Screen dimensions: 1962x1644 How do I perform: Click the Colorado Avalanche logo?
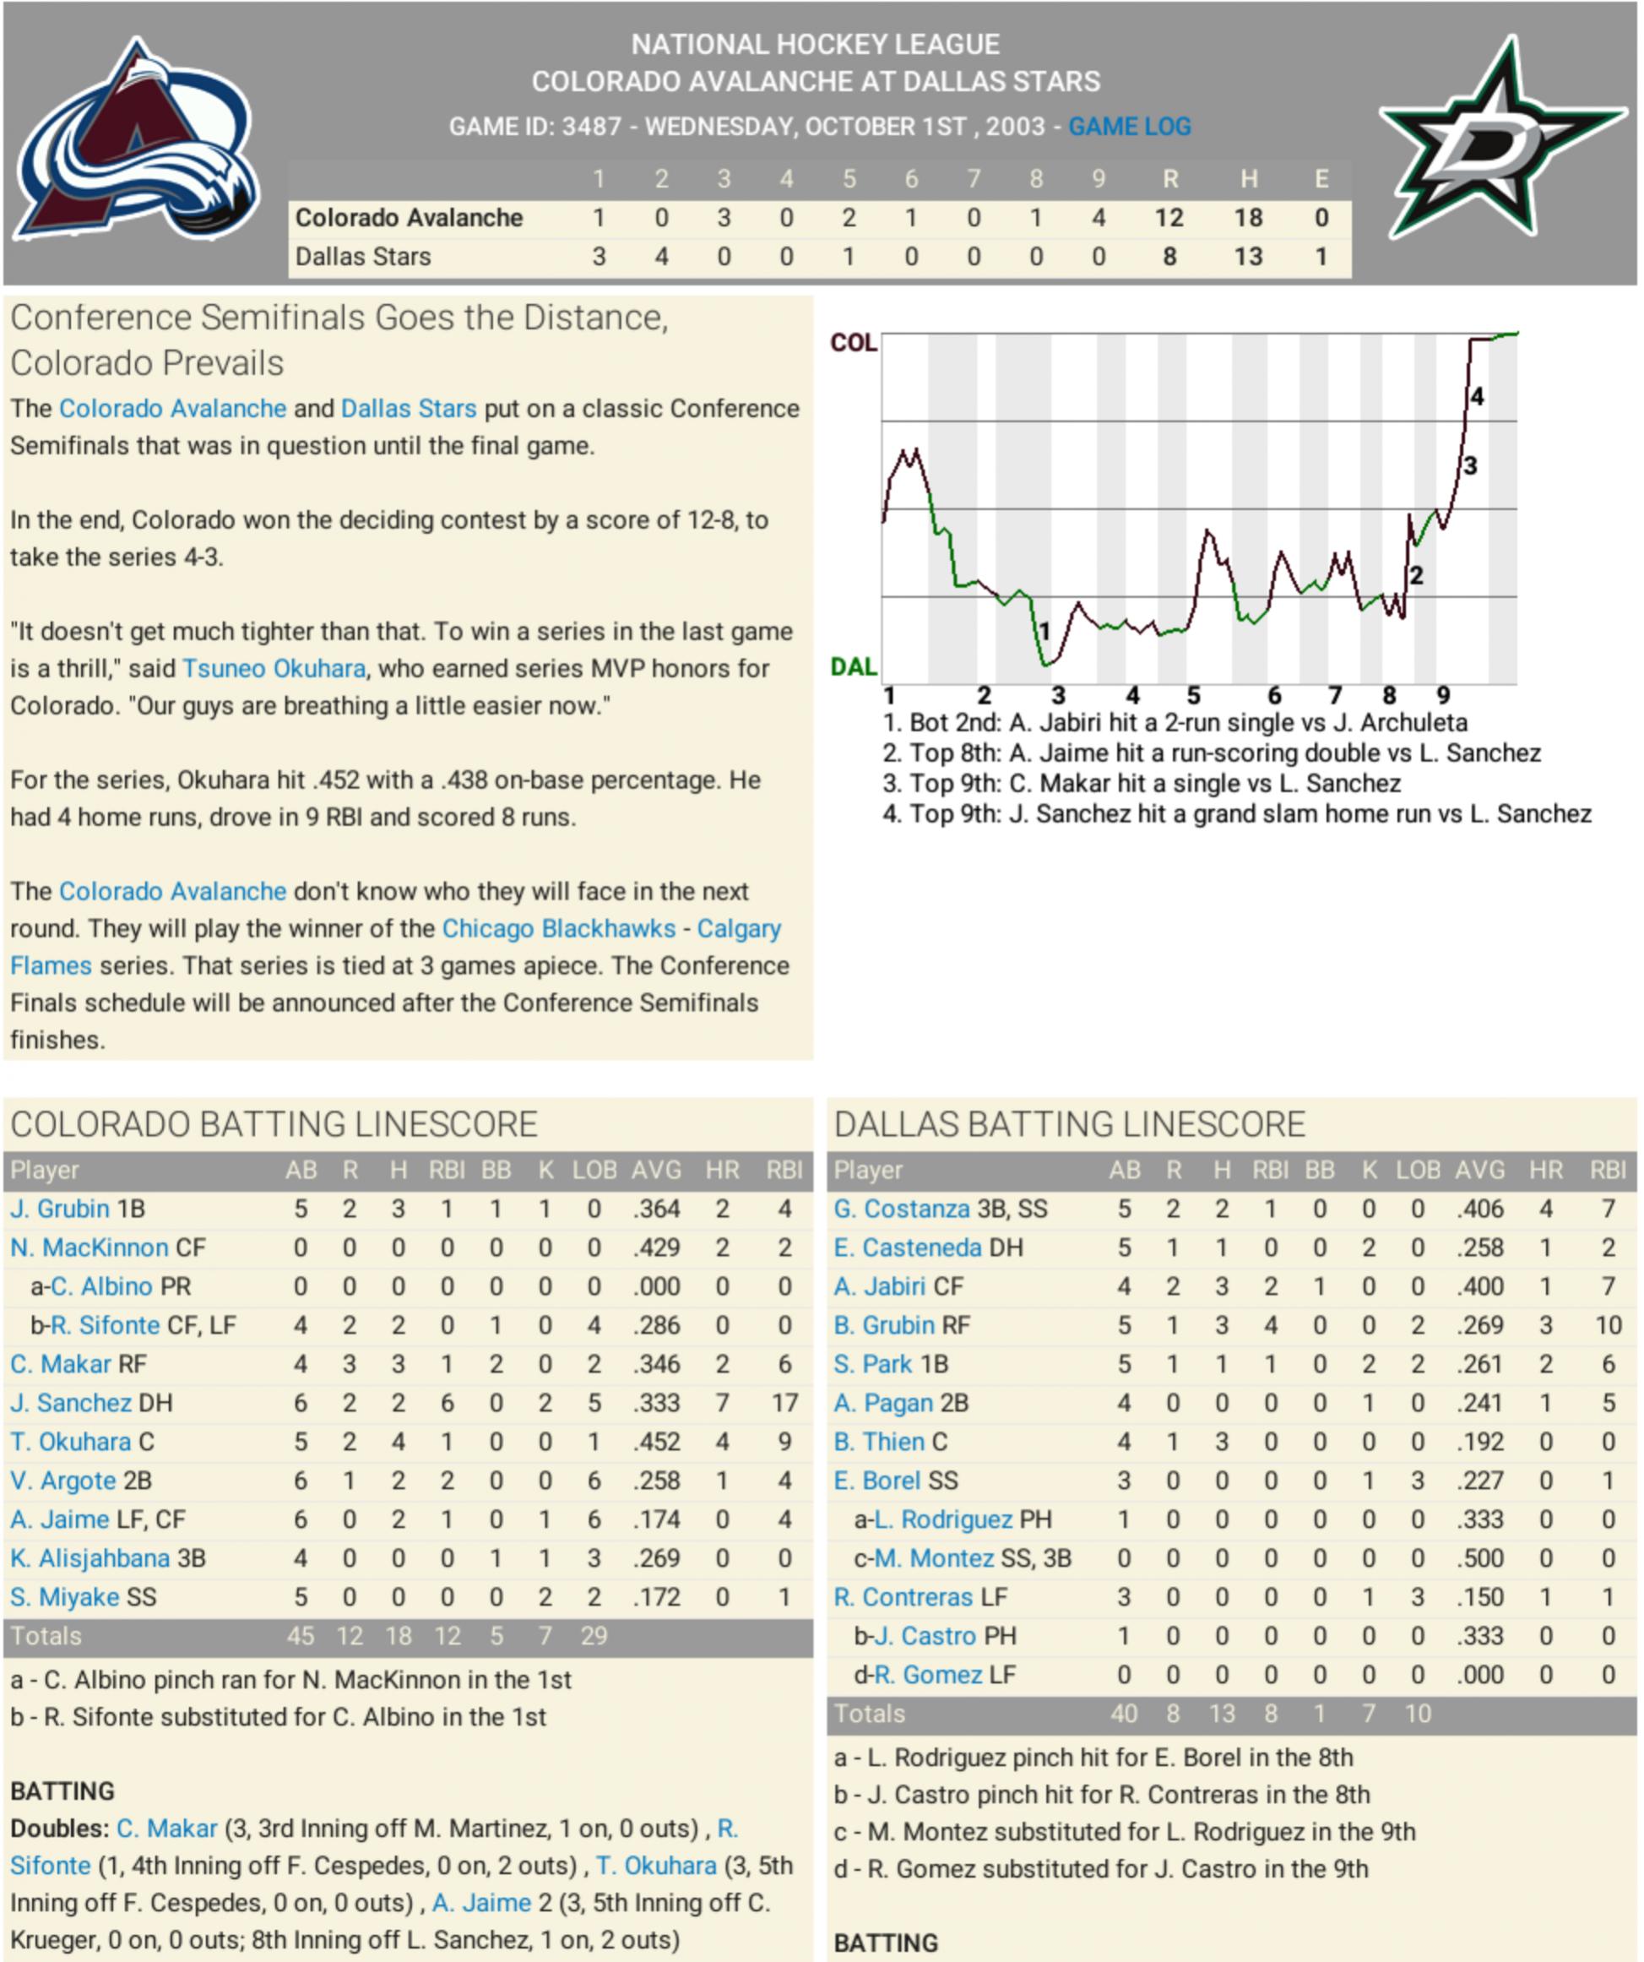coord(138,140)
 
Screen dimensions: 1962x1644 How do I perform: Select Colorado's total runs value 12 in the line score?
coord(1169,218)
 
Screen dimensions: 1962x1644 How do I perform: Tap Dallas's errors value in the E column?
coord(1321,256)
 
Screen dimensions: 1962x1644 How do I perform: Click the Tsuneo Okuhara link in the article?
coord(274,669)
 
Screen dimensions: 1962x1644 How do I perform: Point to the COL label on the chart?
coord(853,343)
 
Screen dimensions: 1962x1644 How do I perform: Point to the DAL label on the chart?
coord(853,667)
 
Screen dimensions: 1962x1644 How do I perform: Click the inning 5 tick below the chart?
coord(1193,696)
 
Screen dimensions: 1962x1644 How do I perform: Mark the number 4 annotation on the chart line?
coord(1477,397)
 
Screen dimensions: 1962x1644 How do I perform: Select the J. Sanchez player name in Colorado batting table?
coord(71,1403)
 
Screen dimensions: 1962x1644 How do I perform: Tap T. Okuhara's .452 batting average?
coord(656,1443)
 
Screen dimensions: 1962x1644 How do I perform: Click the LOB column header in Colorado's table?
coord(594,1171)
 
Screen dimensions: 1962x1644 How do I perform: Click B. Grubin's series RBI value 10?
coord(1608,1326)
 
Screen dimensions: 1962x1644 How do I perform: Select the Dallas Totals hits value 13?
coord(1222,1715)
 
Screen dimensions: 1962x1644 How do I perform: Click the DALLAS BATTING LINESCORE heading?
coord(1070,1125)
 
